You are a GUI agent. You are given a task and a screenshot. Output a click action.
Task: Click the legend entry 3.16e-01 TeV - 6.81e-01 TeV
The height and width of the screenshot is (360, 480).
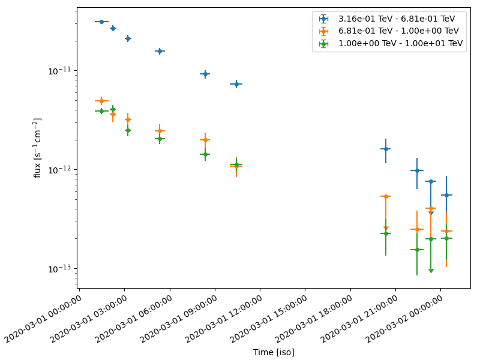[x=396, y=19]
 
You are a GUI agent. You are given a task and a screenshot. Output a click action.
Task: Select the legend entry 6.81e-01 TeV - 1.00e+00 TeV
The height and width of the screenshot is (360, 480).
[x=396, y=31]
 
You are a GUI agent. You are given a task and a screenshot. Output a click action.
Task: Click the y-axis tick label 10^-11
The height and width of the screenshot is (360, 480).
[x=62, y=70]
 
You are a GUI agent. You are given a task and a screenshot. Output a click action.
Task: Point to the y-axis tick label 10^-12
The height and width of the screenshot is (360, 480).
[x=62, y=169]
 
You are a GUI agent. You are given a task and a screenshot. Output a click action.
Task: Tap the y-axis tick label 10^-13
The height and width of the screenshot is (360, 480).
[x=62, y=268]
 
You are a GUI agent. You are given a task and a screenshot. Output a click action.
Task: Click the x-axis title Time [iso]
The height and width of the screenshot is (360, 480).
[x=274, y=352]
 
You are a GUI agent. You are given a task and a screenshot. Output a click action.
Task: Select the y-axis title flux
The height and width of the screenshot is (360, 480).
[x=37, y=148]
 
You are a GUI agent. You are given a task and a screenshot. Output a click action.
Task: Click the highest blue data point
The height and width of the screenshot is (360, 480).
[x=101, y=22]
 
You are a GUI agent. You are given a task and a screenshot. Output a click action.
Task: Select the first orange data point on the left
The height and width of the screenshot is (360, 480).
[x=101, y=101]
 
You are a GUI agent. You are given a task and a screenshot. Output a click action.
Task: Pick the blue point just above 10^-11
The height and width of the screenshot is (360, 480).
[x=205, y=74]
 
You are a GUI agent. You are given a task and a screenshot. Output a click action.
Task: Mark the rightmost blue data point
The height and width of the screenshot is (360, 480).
[x=446, y=195]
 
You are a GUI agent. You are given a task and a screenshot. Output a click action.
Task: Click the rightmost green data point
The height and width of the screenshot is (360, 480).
[x=446, y=238]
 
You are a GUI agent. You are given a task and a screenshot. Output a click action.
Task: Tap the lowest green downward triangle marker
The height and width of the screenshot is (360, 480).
[x=431, y=271]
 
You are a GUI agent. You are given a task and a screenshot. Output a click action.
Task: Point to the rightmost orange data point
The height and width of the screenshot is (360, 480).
[x=446, y=231]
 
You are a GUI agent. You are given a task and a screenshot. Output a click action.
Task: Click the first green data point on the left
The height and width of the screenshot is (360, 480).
[x=101, y=111]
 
